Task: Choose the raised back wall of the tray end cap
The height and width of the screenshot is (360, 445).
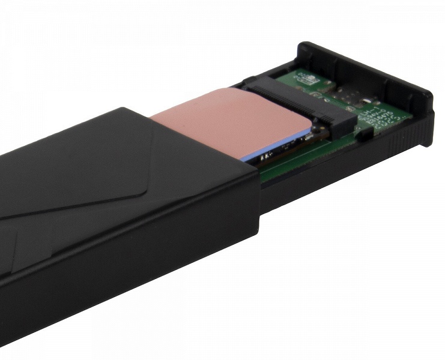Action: point(366,72)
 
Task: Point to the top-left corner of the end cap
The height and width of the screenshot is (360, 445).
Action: point(304,46)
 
